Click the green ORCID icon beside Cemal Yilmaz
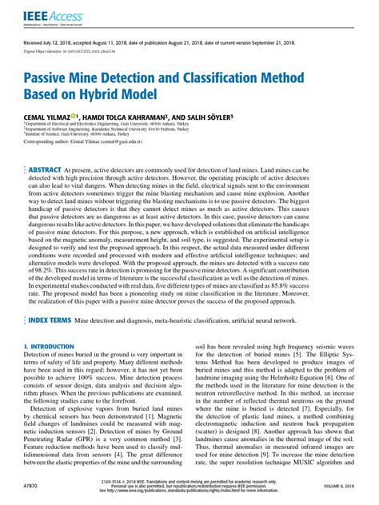(x=74, y=115)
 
